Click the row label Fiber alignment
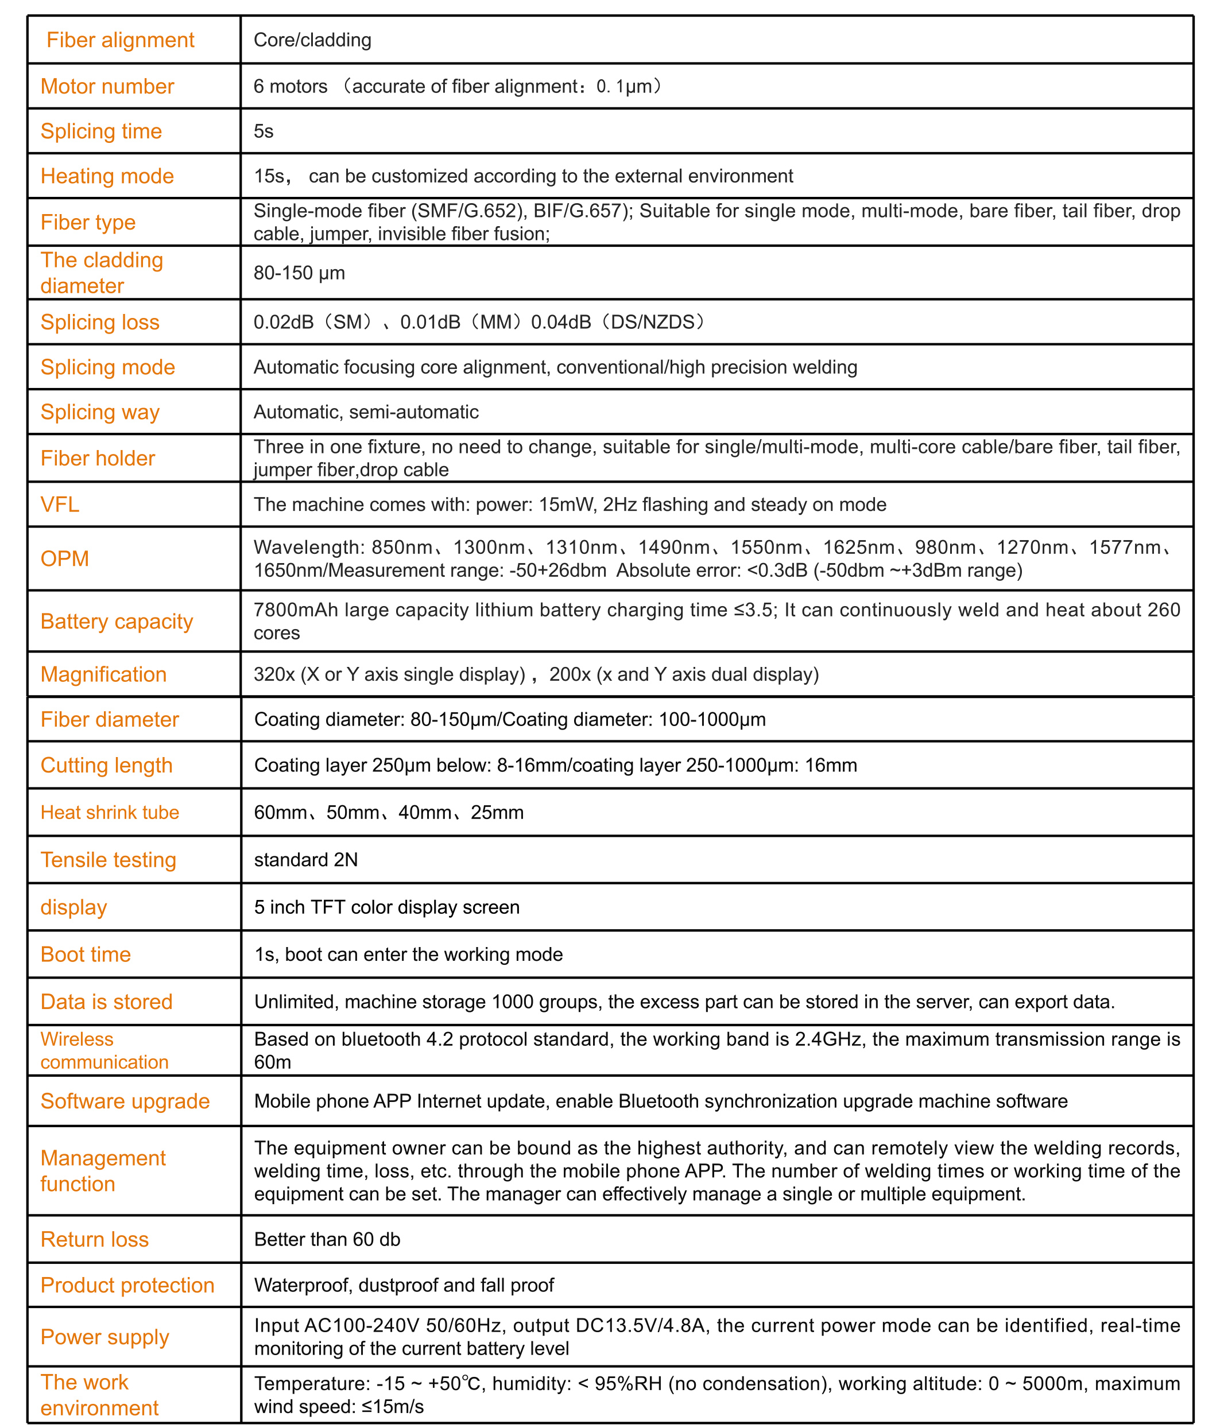tap(120, 40)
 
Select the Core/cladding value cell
tap(312, 40)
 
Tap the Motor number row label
tap(107, 86)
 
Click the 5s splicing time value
tap(264, 131)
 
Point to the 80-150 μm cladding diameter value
tap(299, 273)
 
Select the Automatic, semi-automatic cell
tap(366, 412)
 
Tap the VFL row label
tap(60, 505)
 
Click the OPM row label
tap(65, 558)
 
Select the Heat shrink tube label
tap(110, 813)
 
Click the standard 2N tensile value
tap(306, 860)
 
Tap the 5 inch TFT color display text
tap(386, 907)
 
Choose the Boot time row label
tap(86, 954)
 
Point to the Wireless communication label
tap(104, 1050)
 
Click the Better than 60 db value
tap(327, 1239)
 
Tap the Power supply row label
tap(104, 1337)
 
